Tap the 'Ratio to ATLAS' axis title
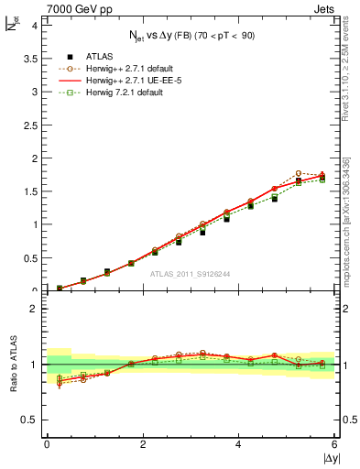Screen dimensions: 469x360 [x=13, y=365]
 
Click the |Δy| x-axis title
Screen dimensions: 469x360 [x=329, y=458]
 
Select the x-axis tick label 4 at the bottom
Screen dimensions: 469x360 [x=239, y=444]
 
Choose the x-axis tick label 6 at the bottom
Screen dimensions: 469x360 [x=335, y=444]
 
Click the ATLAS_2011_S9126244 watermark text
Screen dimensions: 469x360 [x=191, y=273]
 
